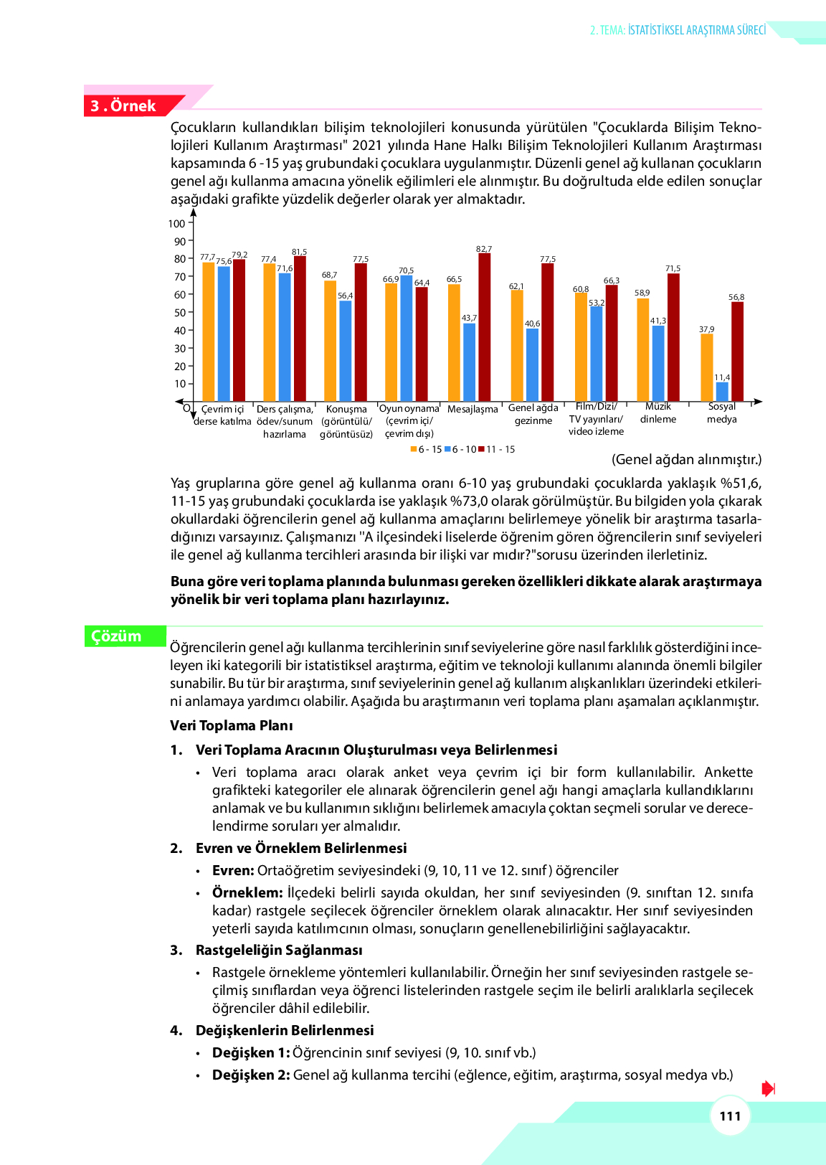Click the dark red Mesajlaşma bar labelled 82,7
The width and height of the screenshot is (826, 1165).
[x=485, y=327]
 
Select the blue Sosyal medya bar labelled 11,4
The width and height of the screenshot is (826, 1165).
[x=722, y=392]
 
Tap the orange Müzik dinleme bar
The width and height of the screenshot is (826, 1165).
[x=642, y=349]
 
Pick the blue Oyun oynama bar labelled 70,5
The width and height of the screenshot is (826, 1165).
[x=407, y=338]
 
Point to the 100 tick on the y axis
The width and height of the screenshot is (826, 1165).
[x=177, y=224]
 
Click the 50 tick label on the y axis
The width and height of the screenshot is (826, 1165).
[x=180, y=313]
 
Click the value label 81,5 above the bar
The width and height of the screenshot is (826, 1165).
[x=299, y=252]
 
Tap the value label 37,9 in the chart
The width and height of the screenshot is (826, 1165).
[x=706, y=329]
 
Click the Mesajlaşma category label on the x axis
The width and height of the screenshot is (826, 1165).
[x=473, y=410]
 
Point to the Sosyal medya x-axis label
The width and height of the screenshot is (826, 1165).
[x=721, y=413]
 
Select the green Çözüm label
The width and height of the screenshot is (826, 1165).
[x=117, y=636]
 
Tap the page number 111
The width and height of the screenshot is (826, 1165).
[x=730, y=1116]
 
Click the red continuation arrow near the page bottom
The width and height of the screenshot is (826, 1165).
[x=768, y=1089]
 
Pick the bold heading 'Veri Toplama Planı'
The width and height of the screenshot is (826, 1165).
[x=231, y=725]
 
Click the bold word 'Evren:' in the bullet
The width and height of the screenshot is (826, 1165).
[x=233, y=870]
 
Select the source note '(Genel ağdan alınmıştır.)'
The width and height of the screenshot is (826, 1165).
[x=686, y=459]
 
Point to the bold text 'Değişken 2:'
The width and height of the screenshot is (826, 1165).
[x=251, y=1075]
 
